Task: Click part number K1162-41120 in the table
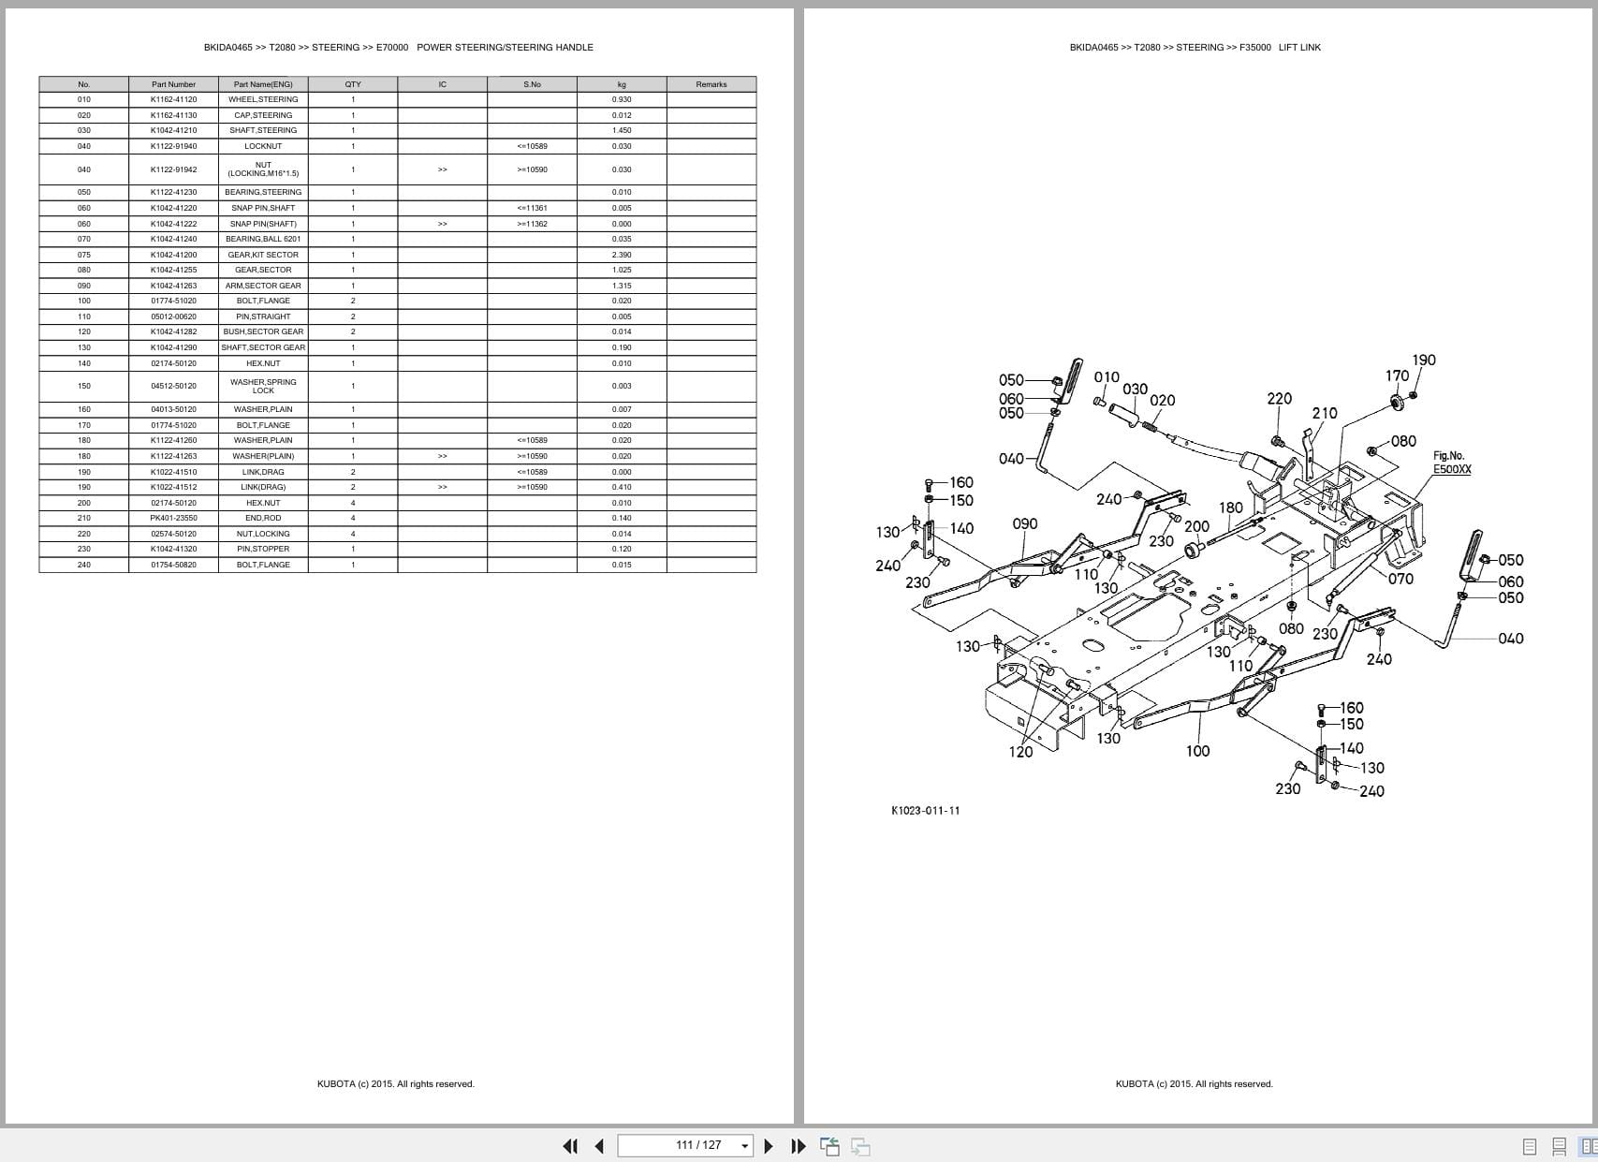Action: point(173,99)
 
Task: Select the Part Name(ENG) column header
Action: point(263,84)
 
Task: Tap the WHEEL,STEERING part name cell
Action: point(263,99)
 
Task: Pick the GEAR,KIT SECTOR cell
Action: point(263,255)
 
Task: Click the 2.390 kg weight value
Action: point(622,255)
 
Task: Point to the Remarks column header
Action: point(711,84)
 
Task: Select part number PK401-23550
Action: point(173,518)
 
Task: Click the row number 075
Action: point(84,255)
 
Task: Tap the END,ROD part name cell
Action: point(263,518)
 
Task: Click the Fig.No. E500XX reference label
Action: point(1451,463)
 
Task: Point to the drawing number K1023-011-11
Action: point(925,811)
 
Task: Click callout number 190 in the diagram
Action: point(1423,360)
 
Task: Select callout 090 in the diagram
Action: point(1025,524)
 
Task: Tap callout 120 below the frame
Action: point(1020,752)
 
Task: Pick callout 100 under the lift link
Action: point(1197,751)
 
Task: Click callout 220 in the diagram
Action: point(1279,399)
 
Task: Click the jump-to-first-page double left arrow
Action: point(569,1146)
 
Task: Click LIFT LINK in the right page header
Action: point(1299,48)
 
